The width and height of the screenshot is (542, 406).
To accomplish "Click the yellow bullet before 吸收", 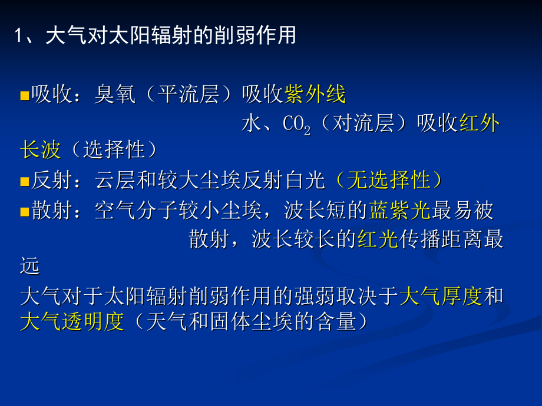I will coord(24,95).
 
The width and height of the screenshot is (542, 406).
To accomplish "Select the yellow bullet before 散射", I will coord(24,211).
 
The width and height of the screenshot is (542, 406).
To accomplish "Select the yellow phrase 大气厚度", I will coord(441,296).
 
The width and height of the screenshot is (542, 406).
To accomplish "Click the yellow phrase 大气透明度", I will coord(72,322).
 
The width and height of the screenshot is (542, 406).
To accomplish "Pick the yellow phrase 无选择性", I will coord(388,181).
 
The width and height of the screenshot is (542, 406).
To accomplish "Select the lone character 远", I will coord(29,267).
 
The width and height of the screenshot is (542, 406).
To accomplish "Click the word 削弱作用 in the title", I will coord(254,36).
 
